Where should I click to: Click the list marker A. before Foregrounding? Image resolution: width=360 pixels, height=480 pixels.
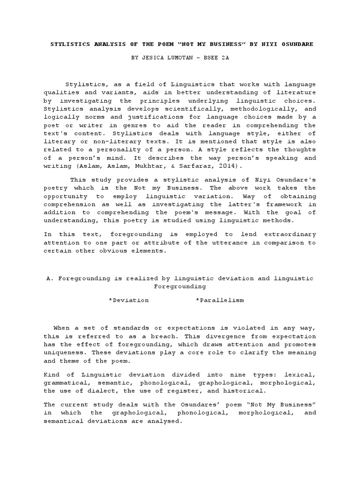pyautogui.click(x=49, y=278)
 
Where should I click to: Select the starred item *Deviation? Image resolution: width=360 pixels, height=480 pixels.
pyautogui.click(x=128, y=300)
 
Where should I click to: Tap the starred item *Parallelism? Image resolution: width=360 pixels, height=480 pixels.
pyautogui.click(x=220, y=300)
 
